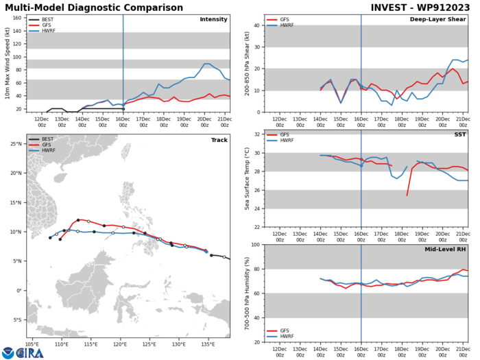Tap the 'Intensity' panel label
(x=214, y=19)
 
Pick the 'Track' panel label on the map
(x=219, y=140)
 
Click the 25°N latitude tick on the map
(x=19, y=144)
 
